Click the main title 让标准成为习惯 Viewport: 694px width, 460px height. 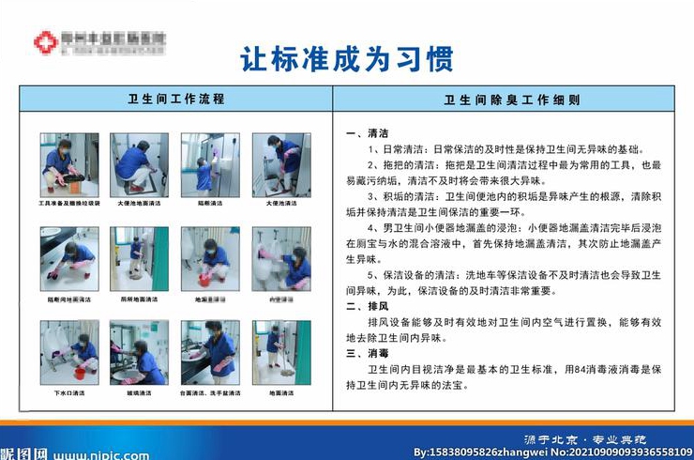[x=347, y=57]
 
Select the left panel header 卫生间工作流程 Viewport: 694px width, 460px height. [x=175, y=99]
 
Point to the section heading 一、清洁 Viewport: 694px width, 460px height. [x=367, y=132]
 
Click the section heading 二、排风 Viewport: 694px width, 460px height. [x=367, y=306]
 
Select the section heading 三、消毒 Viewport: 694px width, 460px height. [x=367, y=354]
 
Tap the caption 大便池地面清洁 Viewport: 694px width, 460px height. [x=139, y=203]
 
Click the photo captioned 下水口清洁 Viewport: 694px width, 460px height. [x=68, y=352]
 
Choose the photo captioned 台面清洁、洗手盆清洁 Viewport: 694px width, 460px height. [x=209, y=352]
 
